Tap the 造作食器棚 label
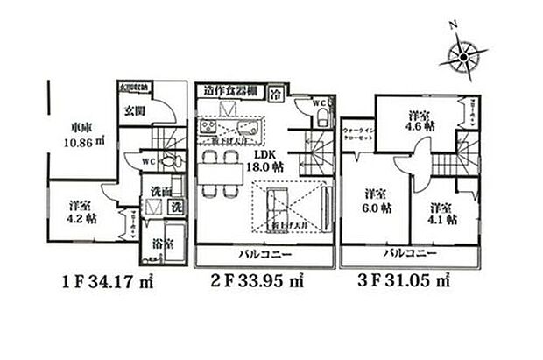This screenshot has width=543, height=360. pyautogui.click(x=229, y=90)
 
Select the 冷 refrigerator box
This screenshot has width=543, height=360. pyautogui.click(x=275, y=92)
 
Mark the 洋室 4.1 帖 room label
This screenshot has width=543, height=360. pyautogui.click(x=441, y=213)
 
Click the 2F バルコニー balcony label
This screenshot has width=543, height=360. pyautogui.click(x=264, y=256)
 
